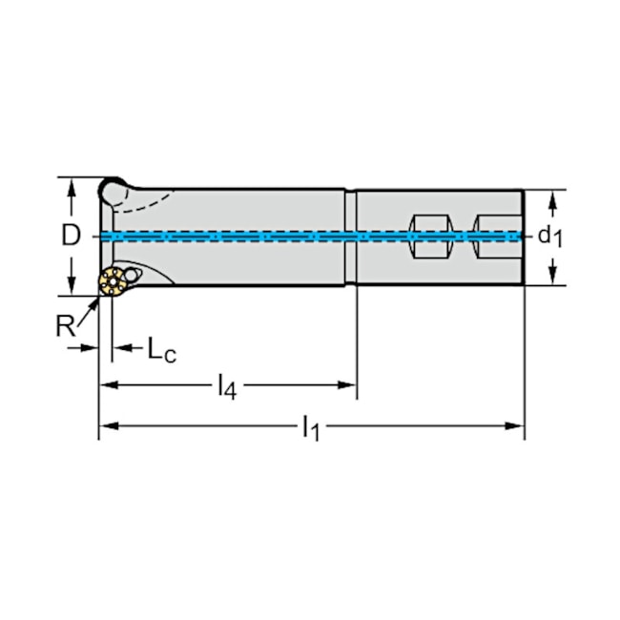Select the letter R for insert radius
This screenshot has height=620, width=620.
64,326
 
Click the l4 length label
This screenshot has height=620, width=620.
225,386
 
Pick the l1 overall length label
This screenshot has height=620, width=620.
309,428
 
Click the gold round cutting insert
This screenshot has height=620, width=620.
113,282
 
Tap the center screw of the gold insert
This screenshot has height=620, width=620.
113,282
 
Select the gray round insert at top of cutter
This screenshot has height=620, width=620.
116,188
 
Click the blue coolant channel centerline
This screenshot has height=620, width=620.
286,236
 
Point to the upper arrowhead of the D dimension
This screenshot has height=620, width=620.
71,184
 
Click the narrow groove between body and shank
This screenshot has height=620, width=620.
351,236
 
